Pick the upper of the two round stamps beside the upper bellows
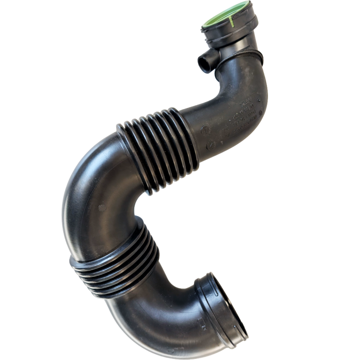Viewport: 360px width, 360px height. pos(204,128)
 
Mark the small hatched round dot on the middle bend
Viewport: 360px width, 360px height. pos(101,208)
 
